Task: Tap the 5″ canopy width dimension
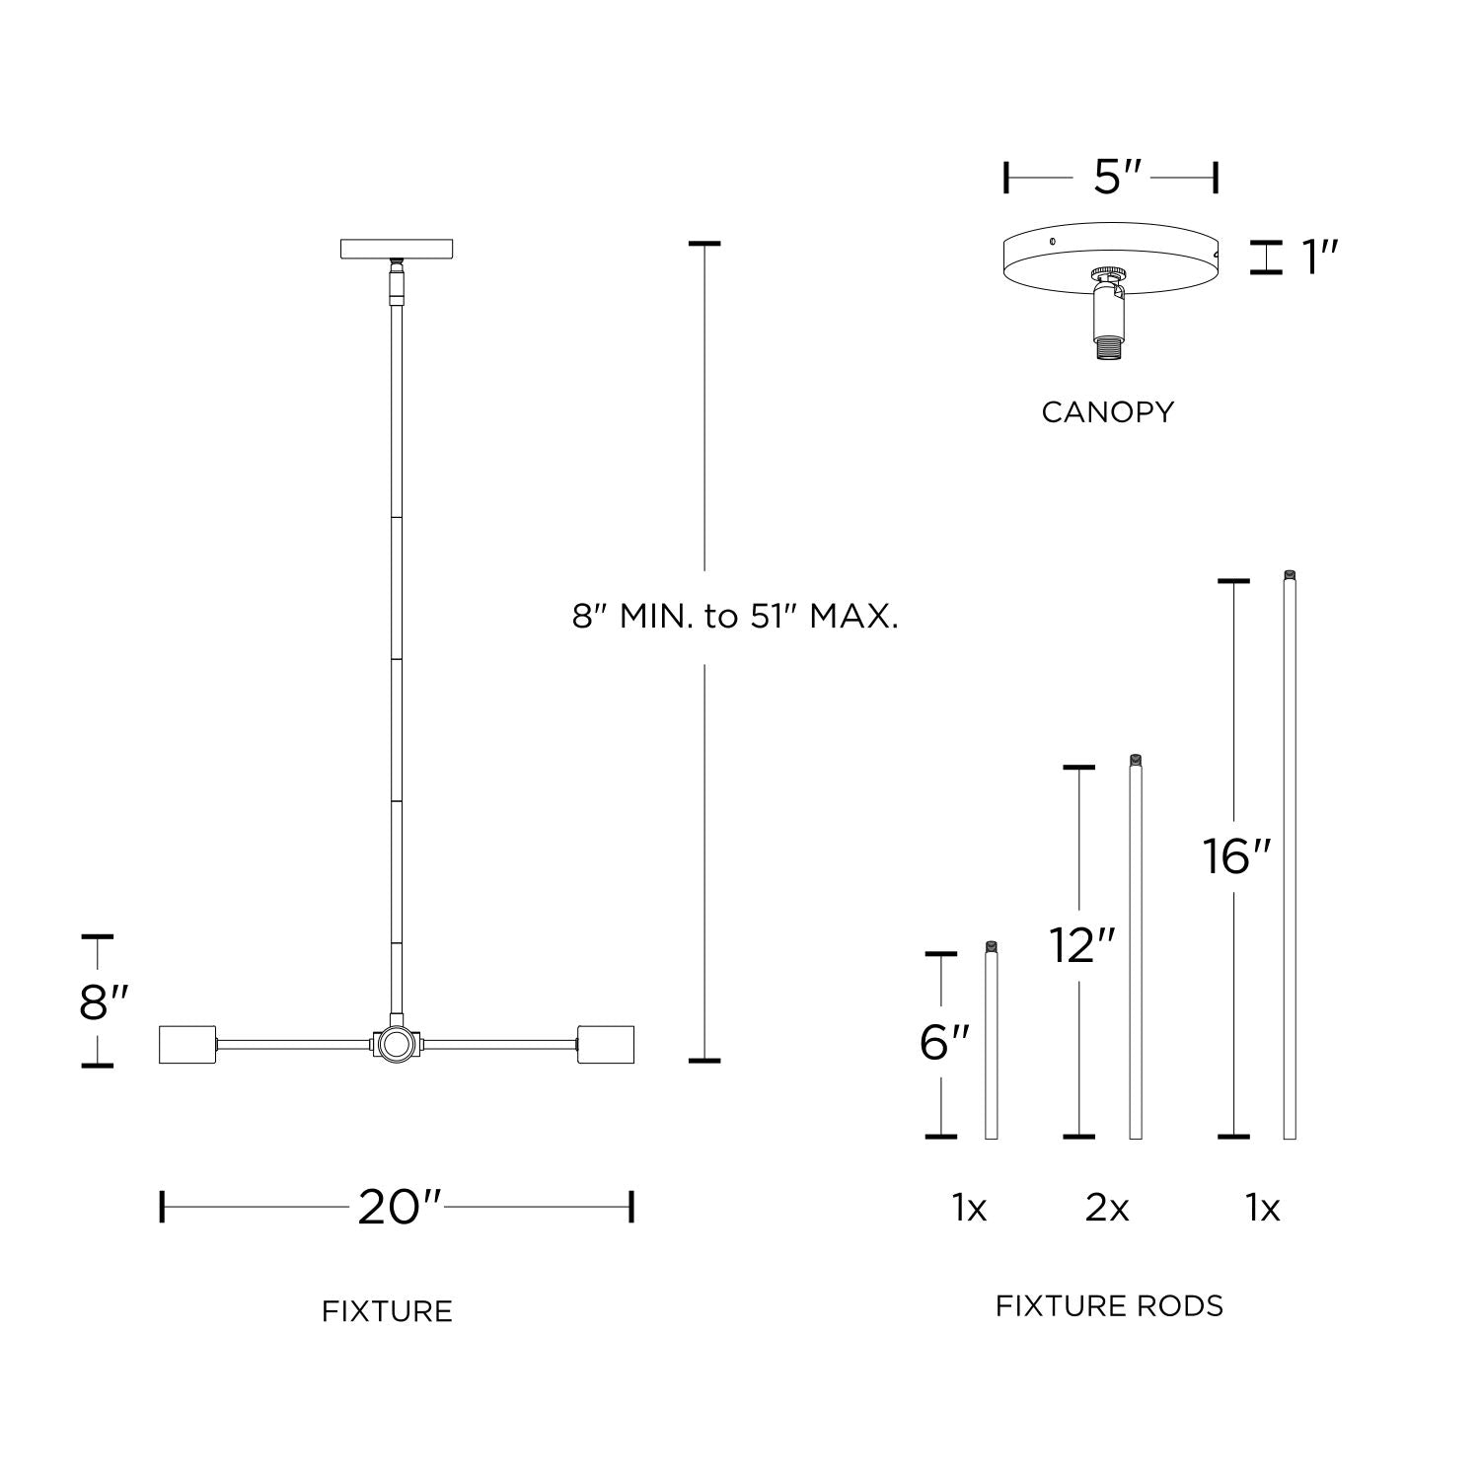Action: (x=1116, y=178)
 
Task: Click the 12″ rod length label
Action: (x=1081, y=945)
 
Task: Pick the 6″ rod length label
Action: (x=944, y=1043)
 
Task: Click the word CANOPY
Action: (x=1108, y=411)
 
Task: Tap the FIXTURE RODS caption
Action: (x=1109, y=1305)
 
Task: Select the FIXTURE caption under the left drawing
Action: (x=387, y=1311)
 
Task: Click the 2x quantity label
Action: (x=1107, y=1208)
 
